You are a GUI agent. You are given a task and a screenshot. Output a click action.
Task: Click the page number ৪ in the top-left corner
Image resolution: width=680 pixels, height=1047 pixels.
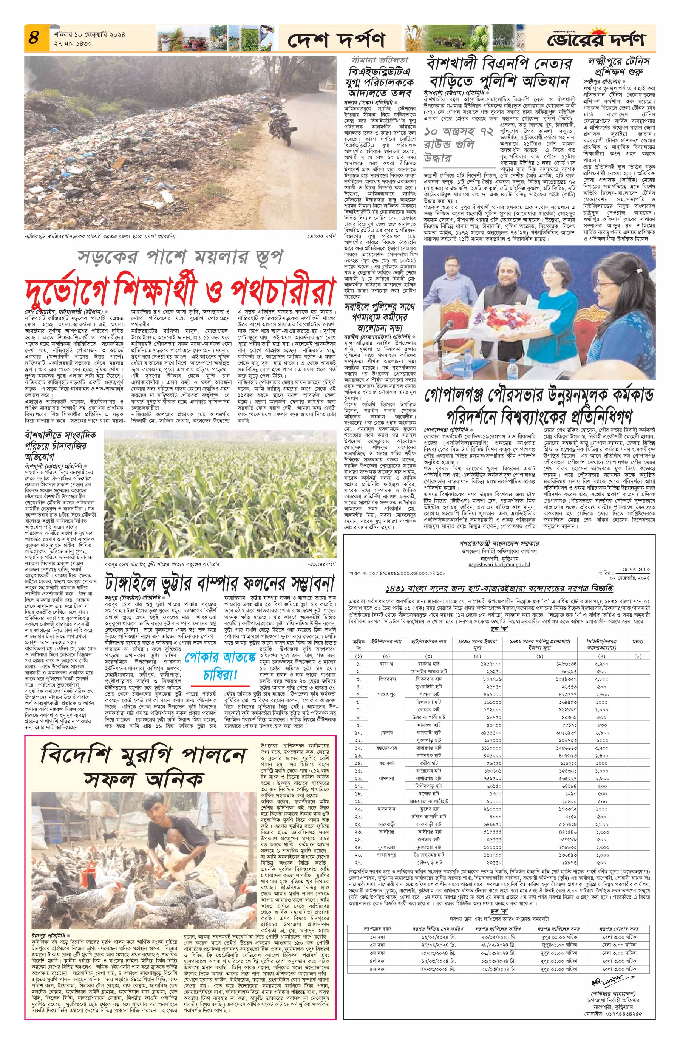(33, 37)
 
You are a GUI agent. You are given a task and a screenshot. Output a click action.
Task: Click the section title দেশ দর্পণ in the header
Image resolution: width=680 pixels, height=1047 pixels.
(337, 41)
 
